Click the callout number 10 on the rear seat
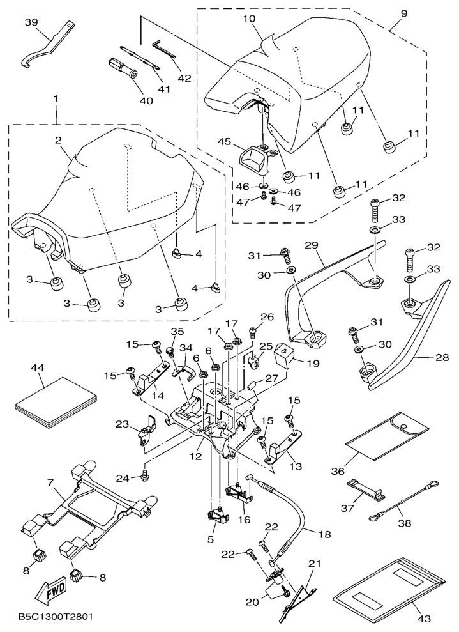(249, 20)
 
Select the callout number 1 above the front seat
(56, 100)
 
